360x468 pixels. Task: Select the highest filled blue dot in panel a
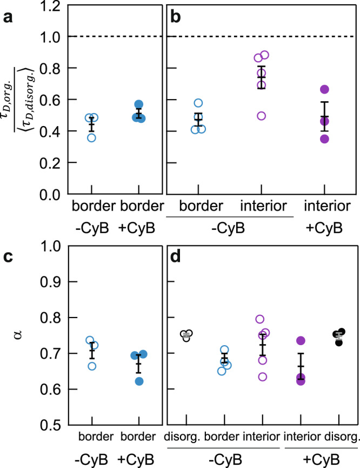tap(138, 104)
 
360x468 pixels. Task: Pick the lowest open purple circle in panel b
tap(262, 116)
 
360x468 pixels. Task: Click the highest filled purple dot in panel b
tap(324, 89)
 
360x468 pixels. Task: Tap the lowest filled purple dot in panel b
tap(324, 139)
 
